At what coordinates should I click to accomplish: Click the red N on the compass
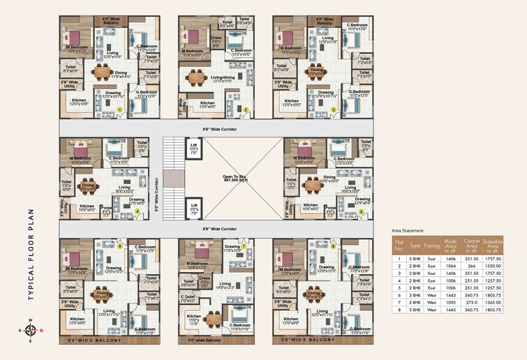point(40,330)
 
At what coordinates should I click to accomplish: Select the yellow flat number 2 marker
point(246,110)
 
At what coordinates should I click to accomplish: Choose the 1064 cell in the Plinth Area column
point(451,266)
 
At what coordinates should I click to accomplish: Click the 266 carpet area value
point(473,266)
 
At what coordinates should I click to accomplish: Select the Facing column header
point(431,246)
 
